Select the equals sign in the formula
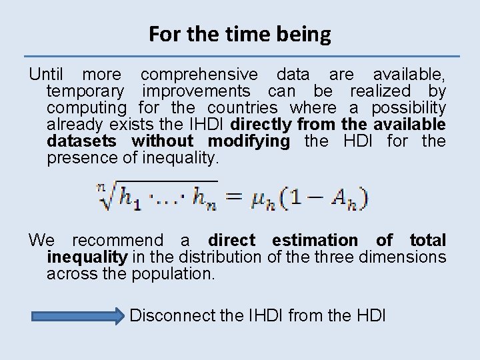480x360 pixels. pyautogui.click(x=235, y=197)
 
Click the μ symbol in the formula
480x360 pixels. pyautogui.click(x=259, y=198)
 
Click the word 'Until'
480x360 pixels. pyautogui.click(x=48, y=73)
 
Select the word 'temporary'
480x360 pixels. pyautogui.click(x=85, y=91)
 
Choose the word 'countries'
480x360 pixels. pyautogui.click(x=243, y=107)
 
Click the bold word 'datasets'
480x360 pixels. pyautogui.click(x=83, y=141)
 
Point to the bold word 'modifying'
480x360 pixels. pyautogui.click(x=249, y=141)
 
